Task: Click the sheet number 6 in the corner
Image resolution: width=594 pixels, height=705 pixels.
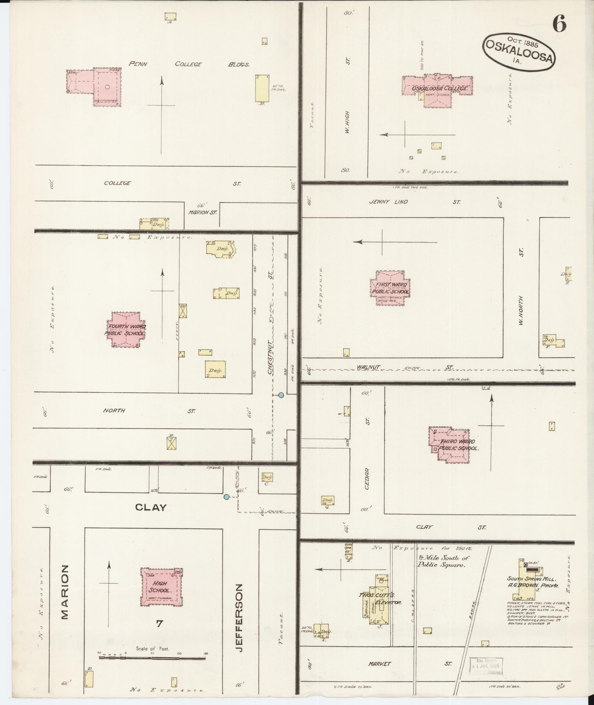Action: click(559, 25)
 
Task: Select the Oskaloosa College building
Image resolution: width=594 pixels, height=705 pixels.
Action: click(437, 90)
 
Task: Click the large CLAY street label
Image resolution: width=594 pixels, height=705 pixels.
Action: click(151, 507)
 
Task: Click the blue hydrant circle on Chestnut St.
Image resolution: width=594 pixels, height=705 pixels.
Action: click(281, 395)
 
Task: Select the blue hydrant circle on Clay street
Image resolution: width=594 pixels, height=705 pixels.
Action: click(226, 497)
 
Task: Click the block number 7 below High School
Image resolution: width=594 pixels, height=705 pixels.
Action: click(159, 624)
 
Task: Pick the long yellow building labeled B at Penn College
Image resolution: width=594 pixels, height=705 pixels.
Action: click(262, 88)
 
